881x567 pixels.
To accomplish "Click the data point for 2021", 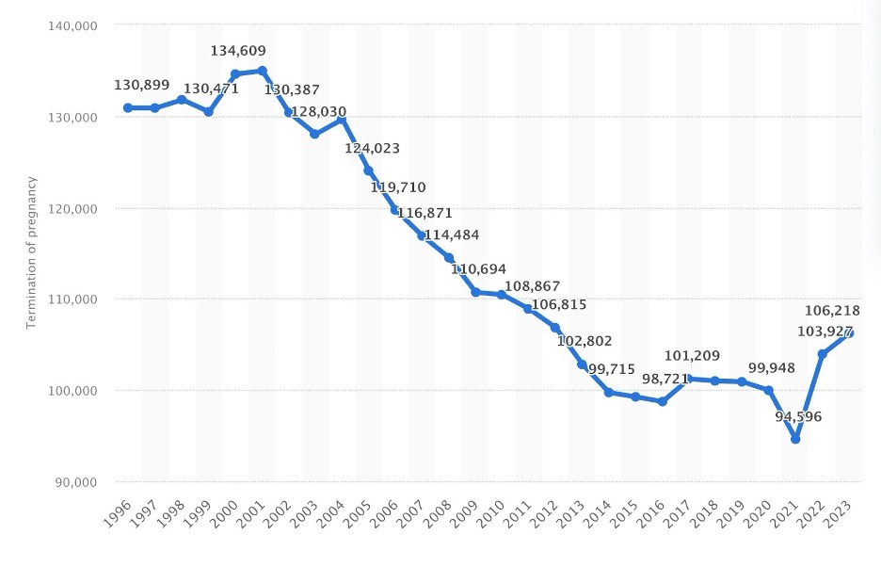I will click(x=795, y=439).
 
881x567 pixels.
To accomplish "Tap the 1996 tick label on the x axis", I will click(x=117, y=514).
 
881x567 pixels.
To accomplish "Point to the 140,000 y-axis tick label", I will click(x=72, y=25).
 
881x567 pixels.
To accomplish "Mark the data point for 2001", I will click(x=262, y=71).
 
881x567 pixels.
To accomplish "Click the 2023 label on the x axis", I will click(x=840, y=514).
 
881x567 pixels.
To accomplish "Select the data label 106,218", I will click(x=832, y=311).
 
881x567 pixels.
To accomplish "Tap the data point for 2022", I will click(x=822, y=354).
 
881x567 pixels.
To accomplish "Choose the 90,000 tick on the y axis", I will click(x=72, y=481).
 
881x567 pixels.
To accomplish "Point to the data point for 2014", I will click(x=608, y=392).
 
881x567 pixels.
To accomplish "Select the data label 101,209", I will click(x=692, y=356).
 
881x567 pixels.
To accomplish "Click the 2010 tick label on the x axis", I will click(x=491, y=514).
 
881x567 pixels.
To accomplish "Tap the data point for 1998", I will click(x=182, y=99).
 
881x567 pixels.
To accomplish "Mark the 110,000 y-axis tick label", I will click(x=72, y=299).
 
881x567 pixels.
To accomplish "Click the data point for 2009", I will click(x=475, y=292).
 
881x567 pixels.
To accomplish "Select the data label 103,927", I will click(x=809, y=331).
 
